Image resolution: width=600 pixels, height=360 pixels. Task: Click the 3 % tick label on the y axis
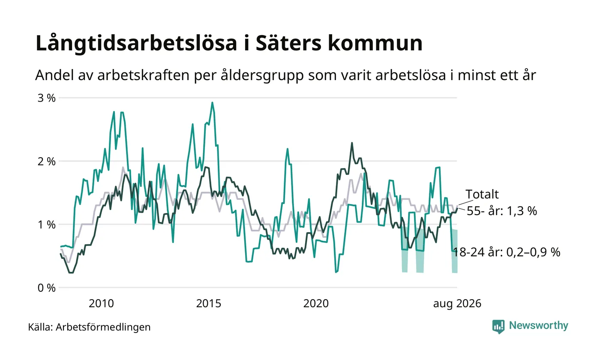[x=47, y=98]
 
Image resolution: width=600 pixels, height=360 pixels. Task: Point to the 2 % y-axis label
[x=47, y=162]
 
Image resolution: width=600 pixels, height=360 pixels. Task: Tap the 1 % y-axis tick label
[x=47, y=225]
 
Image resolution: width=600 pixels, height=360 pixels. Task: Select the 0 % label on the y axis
[x=47, y=288]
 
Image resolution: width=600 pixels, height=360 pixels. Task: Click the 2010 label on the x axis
[x=101, y=303]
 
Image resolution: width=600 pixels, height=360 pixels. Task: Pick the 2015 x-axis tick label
[x=209, y=303]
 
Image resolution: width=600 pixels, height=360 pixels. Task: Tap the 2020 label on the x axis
[x=316, y=303]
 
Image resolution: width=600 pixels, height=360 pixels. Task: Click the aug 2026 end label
[x=457, y=304]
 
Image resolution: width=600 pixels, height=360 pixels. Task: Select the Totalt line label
[x=482, y=194]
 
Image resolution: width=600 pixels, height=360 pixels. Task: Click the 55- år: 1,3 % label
[x=502, y=211]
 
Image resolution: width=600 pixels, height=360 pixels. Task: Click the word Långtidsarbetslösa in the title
[x=136, y=43]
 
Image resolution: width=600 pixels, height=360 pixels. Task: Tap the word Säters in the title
[x=288, y=43]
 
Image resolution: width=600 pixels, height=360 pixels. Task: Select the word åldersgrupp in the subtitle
[x=262, y=75]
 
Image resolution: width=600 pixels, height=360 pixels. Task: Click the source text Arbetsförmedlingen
[x=103, y=327]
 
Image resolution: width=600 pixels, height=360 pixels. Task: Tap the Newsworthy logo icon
[x=498, y=327]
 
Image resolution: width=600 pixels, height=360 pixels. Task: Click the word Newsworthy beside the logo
[x=538, y=326]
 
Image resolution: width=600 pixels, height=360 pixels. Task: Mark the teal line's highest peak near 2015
[x=213, y=102]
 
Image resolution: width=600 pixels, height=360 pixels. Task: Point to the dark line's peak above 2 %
[x=352, y=143]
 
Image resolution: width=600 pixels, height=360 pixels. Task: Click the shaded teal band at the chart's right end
[x=455, y=251]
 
